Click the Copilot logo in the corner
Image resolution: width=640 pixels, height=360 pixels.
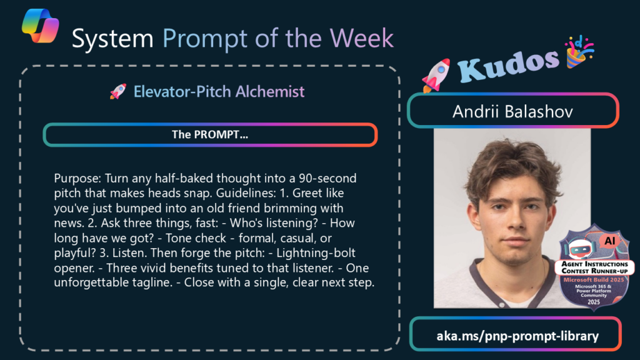click(41, 26)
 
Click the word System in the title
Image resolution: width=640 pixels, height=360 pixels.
click(112, 38)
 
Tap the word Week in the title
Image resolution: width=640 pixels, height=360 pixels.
click(362, 38)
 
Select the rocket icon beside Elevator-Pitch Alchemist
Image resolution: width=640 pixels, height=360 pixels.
click(118, 91)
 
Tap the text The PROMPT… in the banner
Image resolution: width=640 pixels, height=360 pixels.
click(210, 135)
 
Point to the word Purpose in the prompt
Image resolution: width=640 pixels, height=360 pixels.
click(77, 179)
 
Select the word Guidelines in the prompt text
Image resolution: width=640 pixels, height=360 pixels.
click(246, 193)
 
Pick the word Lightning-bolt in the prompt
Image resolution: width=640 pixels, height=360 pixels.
click(316, 253)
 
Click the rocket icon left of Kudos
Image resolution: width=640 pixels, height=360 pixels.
click(436, 76)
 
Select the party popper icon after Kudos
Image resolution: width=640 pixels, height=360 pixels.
click(579, 52)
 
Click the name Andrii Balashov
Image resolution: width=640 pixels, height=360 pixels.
click(512, 112)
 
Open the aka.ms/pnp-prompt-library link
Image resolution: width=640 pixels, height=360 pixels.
click(517, 336)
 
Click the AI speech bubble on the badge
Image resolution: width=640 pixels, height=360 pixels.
click(610, 241)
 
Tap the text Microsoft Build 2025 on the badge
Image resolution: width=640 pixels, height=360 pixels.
click(594, 280)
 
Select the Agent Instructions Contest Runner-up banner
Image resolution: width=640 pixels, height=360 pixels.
click(595, 267)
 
